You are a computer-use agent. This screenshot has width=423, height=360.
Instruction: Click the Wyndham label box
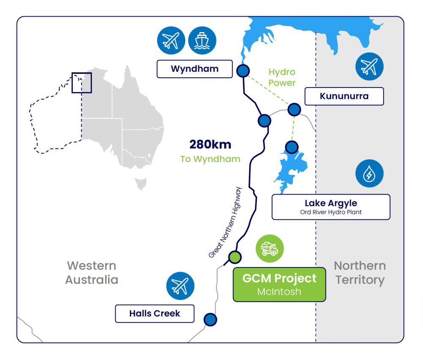point(195,69)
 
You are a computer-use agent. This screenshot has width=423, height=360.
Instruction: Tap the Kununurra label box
point(344,96)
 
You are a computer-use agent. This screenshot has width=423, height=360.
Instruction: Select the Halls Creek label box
point(155,314)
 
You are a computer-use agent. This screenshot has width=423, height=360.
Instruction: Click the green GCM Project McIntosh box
point(279,284)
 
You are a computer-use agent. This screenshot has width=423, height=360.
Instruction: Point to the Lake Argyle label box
point(331,207)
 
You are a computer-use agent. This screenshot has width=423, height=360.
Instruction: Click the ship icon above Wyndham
point(202,41)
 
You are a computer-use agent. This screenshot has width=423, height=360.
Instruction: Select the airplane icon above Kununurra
point(369,66)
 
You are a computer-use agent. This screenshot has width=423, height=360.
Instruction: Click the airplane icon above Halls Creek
point(180,286)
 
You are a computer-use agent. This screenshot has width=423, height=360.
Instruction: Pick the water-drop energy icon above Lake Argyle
point(369,173)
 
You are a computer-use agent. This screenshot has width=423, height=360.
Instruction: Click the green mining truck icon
point(270,248)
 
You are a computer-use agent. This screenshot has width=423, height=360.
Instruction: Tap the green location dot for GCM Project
point(235,256)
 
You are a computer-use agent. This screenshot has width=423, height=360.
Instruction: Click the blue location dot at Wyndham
point(243,71)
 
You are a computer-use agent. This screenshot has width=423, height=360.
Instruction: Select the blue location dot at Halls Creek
point(210,319)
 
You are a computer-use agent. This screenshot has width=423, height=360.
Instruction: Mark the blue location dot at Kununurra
point(294,110)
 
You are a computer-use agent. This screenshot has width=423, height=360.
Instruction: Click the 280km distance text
point(210,145)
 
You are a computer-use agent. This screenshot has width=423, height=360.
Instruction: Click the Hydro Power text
point(282,77)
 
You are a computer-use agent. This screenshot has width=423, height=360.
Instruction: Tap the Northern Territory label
point(360,273)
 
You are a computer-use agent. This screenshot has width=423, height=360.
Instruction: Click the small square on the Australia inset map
point(81,82)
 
